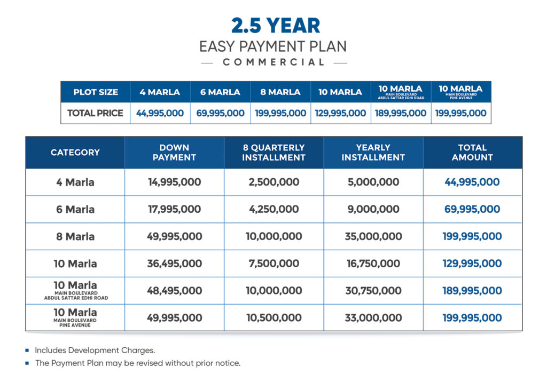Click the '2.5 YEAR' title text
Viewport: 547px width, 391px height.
click(x=276, y=25)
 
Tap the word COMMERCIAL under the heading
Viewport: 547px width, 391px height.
click(x=273, y=62)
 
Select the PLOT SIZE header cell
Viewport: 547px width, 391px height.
click(x=96, y=92)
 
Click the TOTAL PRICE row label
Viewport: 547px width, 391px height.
click(x=95, y=113)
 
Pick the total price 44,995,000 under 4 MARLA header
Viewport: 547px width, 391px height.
click(x=160, y=113)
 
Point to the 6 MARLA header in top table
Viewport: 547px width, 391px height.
click(x=220, y=92)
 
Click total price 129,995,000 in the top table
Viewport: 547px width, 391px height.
click(x=341, y=113)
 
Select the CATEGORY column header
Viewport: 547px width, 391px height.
click(x=75, y=153)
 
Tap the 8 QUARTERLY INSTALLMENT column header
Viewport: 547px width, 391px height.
click(x=273, y=153)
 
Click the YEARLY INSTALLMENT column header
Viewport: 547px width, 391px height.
click(x=373, y=153)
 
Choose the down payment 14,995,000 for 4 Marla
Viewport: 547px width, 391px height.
click(x=174, y=182)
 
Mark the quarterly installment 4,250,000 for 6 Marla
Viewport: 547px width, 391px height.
click(x=273, y=210)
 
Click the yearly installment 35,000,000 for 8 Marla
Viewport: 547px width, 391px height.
click(x=373, y=236)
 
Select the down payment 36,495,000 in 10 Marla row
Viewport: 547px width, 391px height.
click(x=174, y=264)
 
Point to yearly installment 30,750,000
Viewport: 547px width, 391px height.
click(x=373, y=291)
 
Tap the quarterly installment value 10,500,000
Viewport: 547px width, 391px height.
click(x=273, y=318)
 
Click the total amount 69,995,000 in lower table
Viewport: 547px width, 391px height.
click(x=472, y=210)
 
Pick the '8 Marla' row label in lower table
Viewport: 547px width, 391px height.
click(x=75, y=236)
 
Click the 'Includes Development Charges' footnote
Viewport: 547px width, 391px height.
click(x=95, y=350)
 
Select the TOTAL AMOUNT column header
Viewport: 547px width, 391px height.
click(x=472, y=153)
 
